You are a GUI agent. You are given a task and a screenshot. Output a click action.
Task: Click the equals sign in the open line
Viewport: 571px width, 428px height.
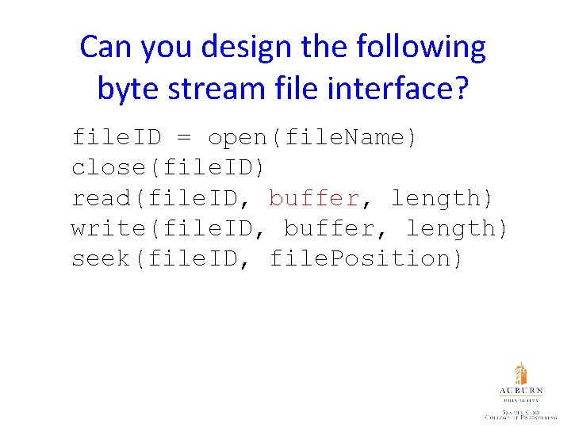tap(184, 138)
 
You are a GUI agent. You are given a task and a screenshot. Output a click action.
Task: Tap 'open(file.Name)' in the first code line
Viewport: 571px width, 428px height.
tap(312, 138)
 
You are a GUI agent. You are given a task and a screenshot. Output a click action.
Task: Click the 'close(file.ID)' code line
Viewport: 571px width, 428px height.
tap(169, 168)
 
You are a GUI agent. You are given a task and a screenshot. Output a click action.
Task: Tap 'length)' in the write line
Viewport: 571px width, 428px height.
tap(457, 228)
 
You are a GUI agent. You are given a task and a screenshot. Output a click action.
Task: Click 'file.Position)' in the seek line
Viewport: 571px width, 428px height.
tap(366, 258)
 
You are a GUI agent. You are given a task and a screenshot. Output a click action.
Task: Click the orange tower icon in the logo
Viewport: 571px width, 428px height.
tap(520, 374)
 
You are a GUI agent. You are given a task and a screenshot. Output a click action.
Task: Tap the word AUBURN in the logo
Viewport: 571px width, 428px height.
tap(520, 392)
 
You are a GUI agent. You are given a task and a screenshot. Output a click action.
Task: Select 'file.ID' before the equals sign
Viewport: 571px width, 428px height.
tap(116, 138)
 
